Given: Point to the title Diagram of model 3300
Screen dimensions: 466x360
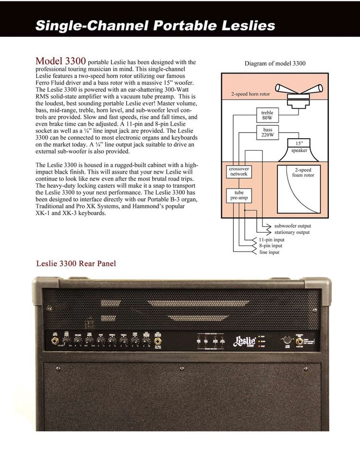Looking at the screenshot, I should pos(275,63).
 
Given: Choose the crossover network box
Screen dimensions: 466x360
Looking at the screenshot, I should pos(239,172).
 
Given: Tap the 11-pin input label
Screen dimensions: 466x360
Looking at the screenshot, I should pos(271,239).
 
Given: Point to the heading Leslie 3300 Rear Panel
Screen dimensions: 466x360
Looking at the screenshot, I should pos(76,263).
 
